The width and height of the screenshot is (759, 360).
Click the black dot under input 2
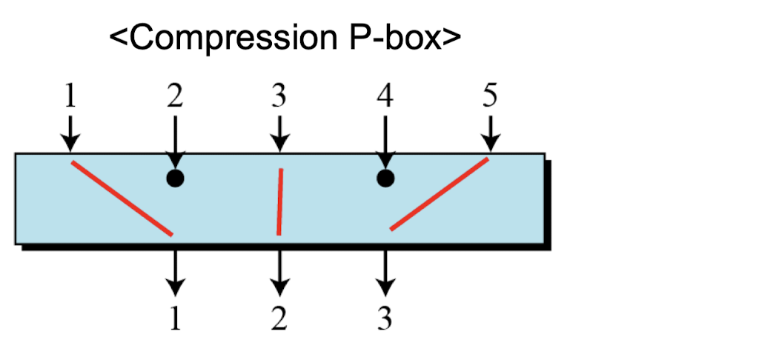175,179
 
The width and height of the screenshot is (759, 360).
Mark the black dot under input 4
385,179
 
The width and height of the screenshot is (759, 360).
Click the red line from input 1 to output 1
122,198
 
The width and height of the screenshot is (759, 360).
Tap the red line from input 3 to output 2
279,201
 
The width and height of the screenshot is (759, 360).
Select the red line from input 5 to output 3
440,193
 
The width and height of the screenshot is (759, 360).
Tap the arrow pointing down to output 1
175,271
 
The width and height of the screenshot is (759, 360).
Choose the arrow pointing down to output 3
384,271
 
